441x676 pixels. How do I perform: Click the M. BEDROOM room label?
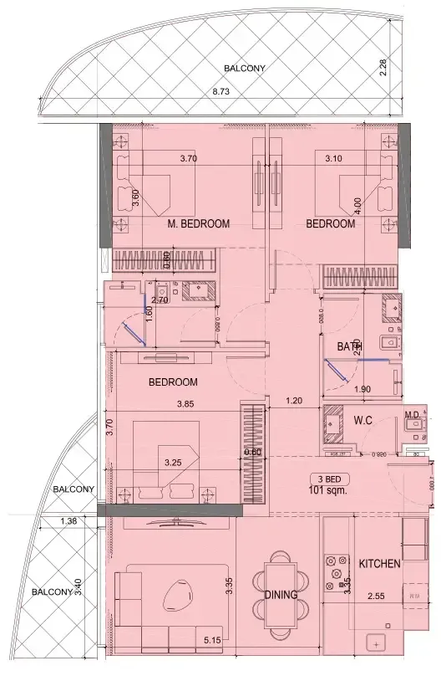198,223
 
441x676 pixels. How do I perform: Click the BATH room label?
349,346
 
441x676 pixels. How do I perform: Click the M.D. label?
411,414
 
